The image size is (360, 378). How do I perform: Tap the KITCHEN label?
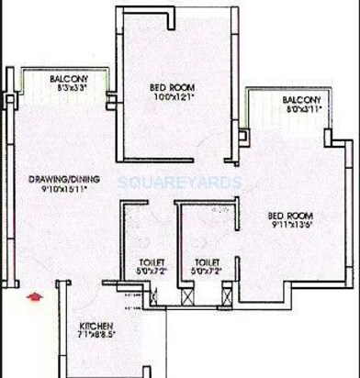pos(95,326)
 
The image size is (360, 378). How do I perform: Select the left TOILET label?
pos(141,261)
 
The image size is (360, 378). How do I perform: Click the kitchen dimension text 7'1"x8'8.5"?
pos(97,338)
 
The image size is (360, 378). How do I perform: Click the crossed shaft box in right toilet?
pos(188,297)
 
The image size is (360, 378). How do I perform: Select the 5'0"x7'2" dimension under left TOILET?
pos(141,272)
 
